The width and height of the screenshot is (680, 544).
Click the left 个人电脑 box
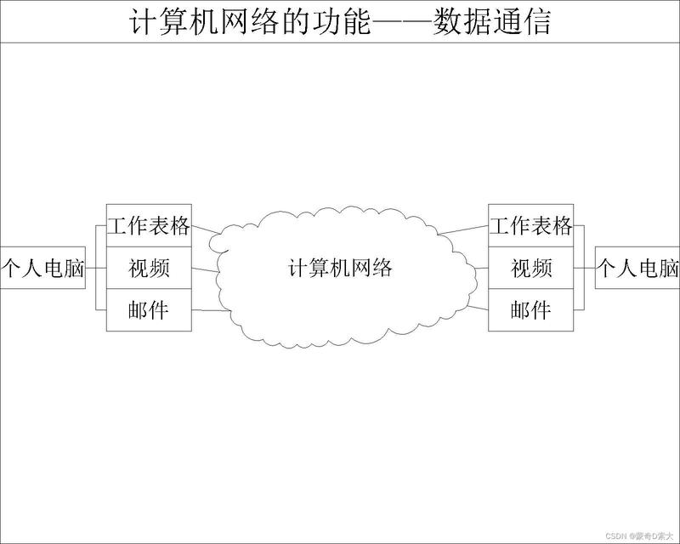pyautogui.click(x=42, y=269)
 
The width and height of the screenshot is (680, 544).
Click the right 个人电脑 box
pyautogui.click(x=637, y=269)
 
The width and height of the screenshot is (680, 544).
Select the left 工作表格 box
pyautogui.click(x=149, y=226)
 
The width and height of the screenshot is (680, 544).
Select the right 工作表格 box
pyautogui.click(x=531, y=226)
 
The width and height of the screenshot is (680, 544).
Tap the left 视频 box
pyautogui.click(x=149, y=269)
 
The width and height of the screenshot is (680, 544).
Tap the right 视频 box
pyautogui.click(x=531, y=269)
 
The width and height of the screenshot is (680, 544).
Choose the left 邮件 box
pyautogui.click(x=149, y=310)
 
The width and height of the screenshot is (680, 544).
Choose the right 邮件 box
pyautogui.click(x=531, y=310)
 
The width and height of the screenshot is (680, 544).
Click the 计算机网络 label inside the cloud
pyautogui.click(x=340, y=269)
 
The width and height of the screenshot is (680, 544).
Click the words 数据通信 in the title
pyautogui.click(x=491, y=21)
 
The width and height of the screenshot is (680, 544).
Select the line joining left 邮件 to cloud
pyautogui.click(x=211, y=310)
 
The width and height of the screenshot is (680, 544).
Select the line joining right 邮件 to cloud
pyautogui.click(x=478, y=309)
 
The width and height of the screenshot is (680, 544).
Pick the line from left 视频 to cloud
pyautogui.click(x=204, y=271)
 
